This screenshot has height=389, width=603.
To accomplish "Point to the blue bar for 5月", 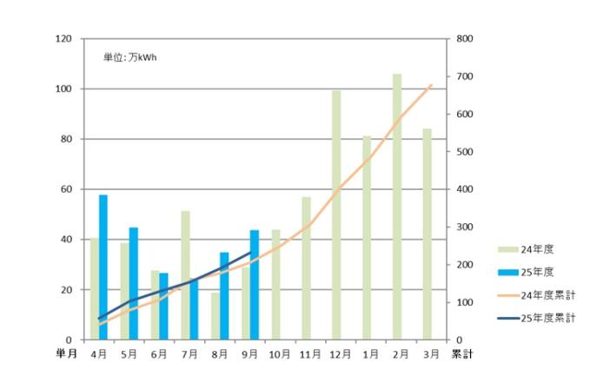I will pyautogui.click(x=134, y=283).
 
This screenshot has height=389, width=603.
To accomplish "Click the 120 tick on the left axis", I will pyautogui.click(x=64, y=39).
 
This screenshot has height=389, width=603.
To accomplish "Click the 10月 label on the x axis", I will pyautogui.click(x=280, y=354).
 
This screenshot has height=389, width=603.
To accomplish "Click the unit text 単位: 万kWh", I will pyautogui.click(x=130, y=58).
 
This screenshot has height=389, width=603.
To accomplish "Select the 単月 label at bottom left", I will pyautogui.click(x=56, y=354).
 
